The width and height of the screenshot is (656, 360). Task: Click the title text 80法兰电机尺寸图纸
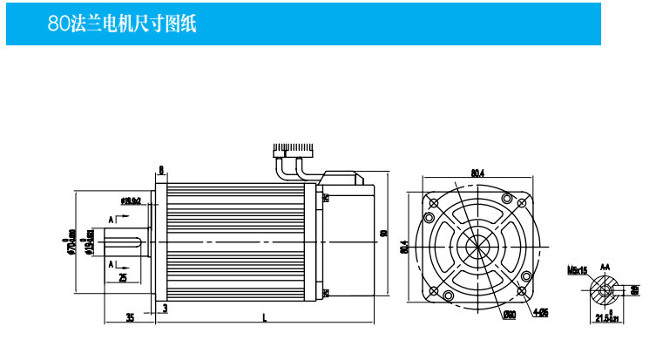click(122, 24)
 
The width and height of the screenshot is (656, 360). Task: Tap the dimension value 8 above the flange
click(161, 169)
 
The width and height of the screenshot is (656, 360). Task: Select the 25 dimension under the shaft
click(122, 277)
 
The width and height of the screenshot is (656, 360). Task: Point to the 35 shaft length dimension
click(130, 318)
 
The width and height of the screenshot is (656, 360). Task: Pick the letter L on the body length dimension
click(264, 318)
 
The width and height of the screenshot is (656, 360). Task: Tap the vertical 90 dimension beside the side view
click(383, 233)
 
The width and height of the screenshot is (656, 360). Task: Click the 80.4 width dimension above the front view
click(477, 173)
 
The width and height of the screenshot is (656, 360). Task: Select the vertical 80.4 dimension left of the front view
click(404, 247)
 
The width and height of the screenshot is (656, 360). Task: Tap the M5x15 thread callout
click(577, 270)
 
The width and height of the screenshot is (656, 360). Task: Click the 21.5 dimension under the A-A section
click(605, 319)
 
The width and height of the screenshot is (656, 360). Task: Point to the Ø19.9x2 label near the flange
click(131, 201)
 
